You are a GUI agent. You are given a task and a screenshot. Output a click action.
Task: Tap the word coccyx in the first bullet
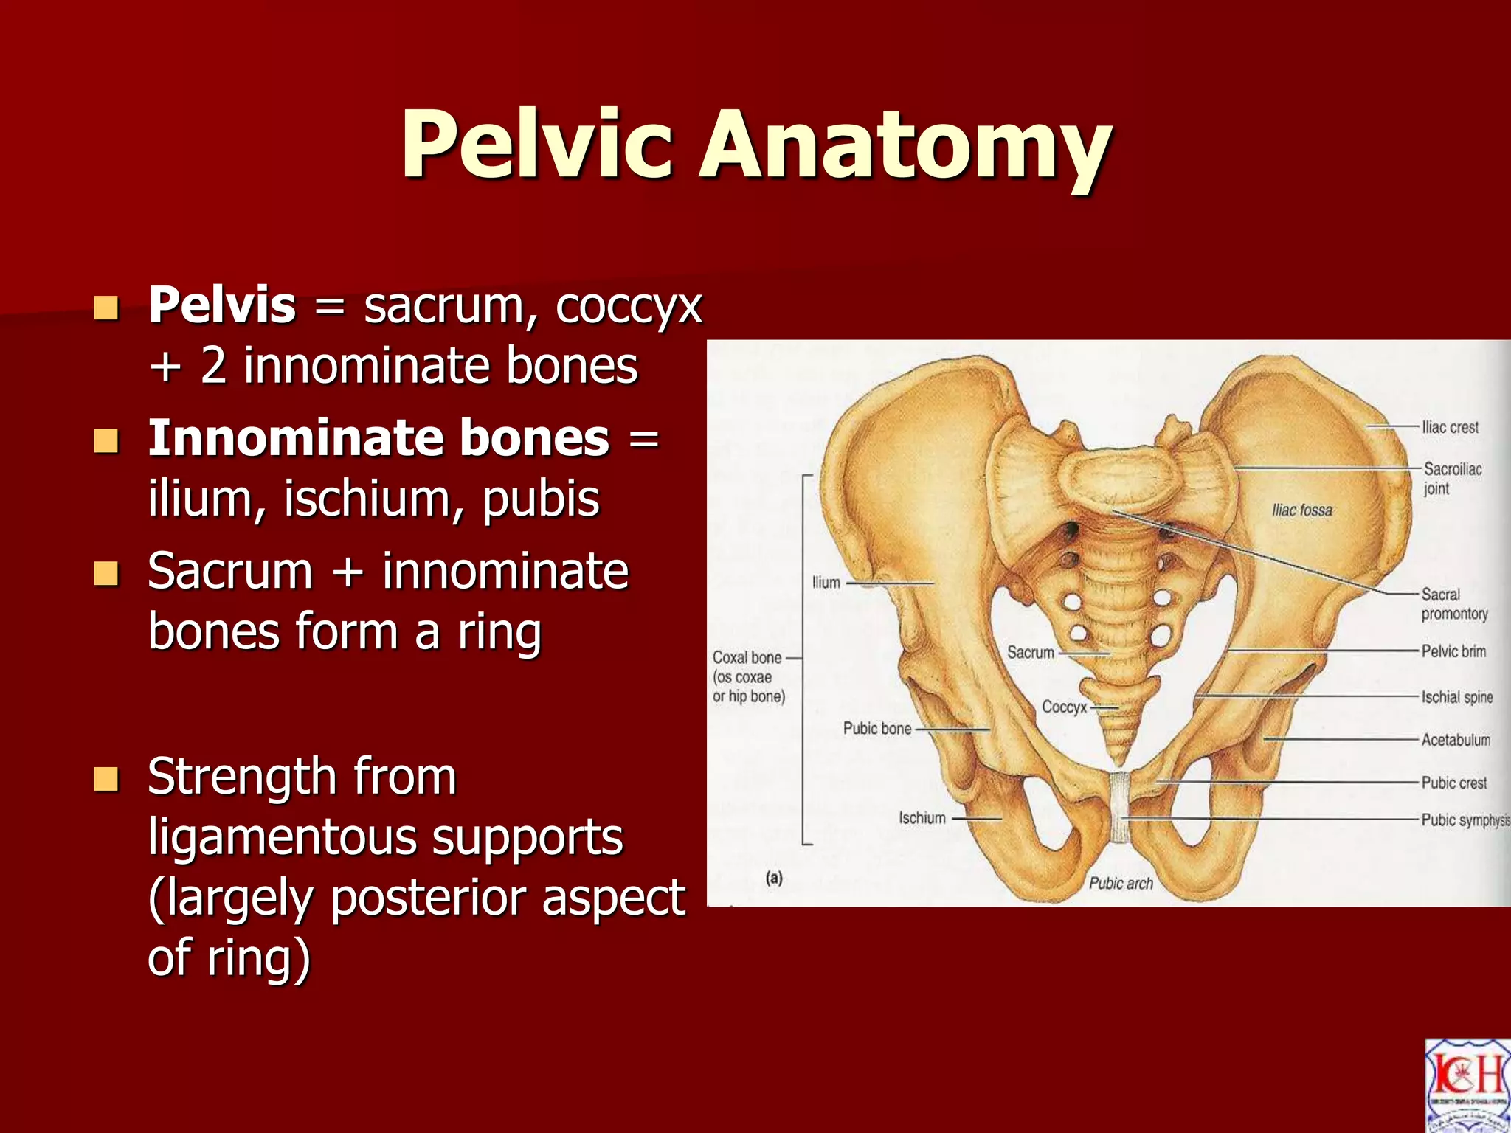coord(629,306)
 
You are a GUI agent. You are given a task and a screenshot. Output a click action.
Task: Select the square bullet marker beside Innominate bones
coord(106,440)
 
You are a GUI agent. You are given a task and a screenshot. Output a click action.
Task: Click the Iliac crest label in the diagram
coord(1450,427)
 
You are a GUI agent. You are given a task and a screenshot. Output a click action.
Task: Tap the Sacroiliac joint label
coord(1451,478)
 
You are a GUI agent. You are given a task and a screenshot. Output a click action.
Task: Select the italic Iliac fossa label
coord(1302,510)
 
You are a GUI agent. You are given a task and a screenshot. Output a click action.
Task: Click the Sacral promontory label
coord(1453,604)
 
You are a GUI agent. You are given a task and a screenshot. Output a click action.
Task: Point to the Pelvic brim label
coord(1453,651)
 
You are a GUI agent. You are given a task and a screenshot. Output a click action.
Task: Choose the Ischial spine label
coord(1456,697)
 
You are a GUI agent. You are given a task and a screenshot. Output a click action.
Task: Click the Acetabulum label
coord(1456,740)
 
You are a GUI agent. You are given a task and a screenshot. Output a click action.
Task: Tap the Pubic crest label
coord(1453,783)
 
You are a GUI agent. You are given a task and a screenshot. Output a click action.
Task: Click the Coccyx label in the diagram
coord(1064,707)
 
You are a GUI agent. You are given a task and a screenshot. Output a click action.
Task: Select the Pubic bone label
coord(876,729)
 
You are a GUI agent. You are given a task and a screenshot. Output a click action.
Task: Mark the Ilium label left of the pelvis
coord(826,583)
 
